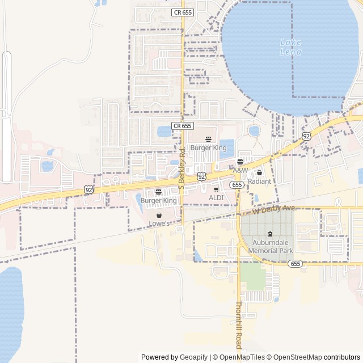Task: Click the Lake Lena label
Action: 290,47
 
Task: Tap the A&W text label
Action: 240,170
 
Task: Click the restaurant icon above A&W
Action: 240,162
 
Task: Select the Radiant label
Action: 259,181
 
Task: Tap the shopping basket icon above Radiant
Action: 259,172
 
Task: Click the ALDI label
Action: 216,197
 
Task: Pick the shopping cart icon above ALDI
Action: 216,189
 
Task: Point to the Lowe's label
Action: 159,223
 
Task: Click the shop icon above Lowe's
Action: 159,215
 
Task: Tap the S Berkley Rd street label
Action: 182,169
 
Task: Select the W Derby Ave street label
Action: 274,209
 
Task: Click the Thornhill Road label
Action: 239,325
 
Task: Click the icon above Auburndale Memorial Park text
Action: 269,233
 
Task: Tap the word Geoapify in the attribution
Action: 193,357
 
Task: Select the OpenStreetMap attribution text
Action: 297,357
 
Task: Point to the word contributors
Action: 342,357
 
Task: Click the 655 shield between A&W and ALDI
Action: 237,185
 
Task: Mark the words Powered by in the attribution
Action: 159,357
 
